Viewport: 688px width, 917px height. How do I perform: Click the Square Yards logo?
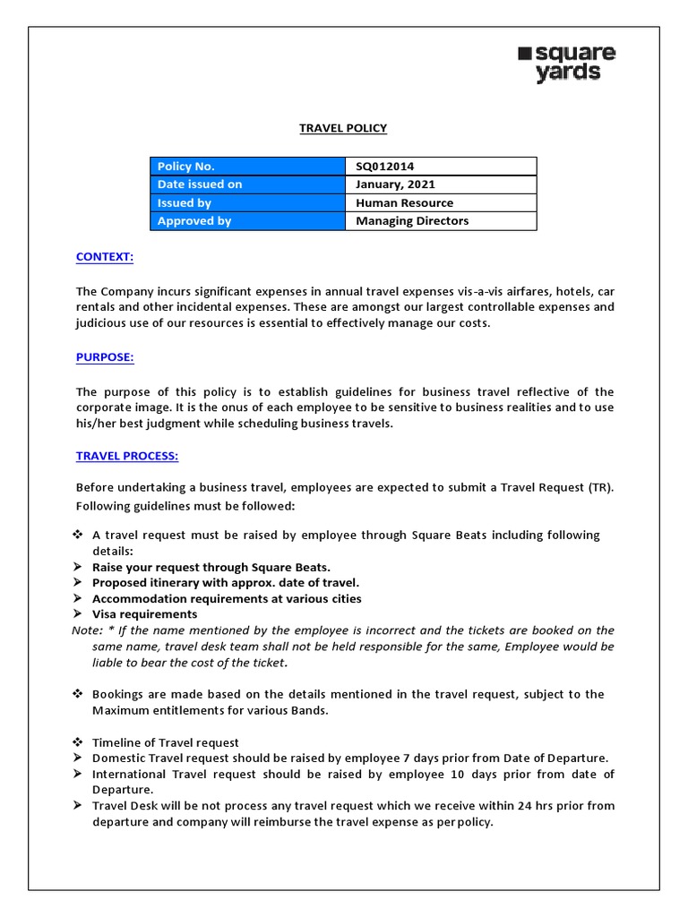(567, 64)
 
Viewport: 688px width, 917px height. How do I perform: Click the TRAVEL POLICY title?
(343, 128)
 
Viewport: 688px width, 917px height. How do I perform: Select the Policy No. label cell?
(247, 166)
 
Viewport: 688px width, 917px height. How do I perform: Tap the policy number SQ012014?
(385, 166)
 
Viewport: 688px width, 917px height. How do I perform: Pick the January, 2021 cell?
(395, 184)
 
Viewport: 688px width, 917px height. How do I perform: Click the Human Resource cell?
(404, 202)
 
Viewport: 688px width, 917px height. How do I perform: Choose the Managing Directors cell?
(412, 221)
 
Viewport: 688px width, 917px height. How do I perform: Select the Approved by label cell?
(247, 221)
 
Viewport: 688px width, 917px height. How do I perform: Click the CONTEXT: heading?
(105, 257)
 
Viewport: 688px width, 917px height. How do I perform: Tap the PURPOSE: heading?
(105, 357)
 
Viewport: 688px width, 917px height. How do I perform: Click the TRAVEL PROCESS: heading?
(127, 456)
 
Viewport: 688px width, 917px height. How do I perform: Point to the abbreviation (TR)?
(601, 487)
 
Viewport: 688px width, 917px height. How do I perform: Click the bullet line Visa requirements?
(144, 614)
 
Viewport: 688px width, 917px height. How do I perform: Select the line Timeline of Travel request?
(166, 742)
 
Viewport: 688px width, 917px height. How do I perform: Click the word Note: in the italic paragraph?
(86, 630)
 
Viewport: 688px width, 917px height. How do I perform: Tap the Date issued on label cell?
(247, 184)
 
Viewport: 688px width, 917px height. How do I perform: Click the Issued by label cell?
(247, 202)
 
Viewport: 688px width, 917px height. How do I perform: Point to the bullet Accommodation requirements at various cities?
(227, 598)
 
